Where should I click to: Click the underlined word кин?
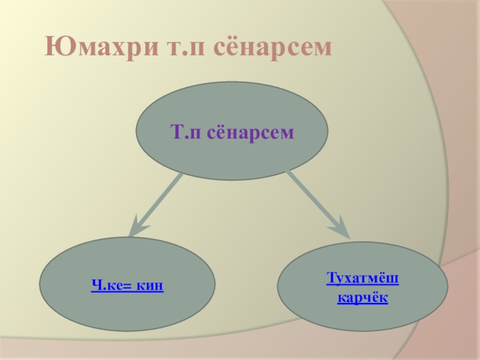(150, 286)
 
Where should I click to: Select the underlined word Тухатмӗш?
(363, 279)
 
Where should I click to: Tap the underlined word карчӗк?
(362, 297)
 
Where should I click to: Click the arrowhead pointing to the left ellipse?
(138, 227)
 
